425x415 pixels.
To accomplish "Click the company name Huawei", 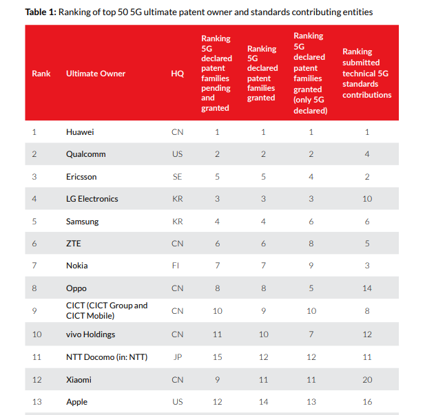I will point(80,131).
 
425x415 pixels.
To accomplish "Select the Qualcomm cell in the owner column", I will point(85,154).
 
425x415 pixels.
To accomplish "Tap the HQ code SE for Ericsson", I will point(177,176).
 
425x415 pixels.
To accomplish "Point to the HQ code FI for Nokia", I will point(177,266).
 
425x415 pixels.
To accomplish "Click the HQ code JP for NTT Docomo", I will point(177,357).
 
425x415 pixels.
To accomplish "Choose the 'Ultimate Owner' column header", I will point(96,74).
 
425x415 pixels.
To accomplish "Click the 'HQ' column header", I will point(177,74).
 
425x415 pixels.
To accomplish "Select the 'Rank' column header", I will point(41,74).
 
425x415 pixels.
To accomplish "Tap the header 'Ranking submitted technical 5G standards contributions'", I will point(366,73).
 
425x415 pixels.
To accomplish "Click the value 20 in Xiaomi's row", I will point(367,379).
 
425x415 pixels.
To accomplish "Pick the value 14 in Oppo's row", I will point(367,288).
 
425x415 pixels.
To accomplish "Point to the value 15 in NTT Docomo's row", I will point(217,357).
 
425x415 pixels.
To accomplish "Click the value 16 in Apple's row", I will point(367,402).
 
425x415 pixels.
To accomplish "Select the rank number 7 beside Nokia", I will point(34,266).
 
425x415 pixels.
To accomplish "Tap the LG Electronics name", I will point(92,199).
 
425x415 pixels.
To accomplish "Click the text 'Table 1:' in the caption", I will point(41,12).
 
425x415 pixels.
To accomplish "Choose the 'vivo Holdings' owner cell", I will point(90,334).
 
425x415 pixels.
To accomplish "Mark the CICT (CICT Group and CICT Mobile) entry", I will point(107,310).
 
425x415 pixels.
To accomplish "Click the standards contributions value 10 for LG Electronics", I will point(367,199).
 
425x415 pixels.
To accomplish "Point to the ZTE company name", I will point(74,244).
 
